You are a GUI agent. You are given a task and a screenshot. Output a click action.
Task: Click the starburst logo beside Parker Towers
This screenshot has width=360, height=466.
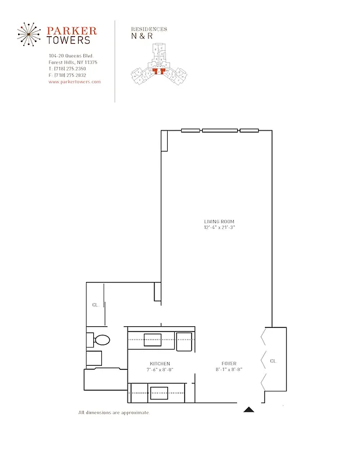[29, 35]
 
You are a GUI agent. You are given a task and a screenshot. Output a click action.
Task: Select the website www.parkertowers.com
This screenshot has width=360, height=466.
[75, 82]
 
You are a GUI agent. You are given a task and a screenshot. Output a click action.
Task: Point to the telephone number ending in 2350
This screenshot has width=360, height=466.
[68, 69]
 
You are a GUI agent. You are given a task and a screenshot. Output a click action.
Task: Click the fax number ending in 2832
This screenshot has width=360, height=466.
[68, 75]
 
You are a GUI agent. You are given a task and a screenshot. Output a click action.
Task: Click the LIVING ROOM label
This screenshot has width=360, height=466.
[219, 221]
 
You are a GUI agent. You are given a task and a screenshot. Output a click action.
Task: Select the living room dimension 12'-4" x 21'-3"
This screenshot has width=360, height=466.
[219, 227]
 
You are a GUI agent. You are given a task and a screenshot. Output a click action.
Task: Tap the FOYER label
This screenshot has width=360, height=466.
[229, 363]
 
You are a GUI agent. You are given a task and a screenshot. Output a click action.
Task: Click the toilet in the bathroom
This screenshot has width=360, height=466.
[101, 340]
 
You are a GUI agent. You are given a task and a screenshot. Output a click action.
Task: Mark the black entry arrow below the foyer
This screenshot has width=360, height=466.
[249, 409]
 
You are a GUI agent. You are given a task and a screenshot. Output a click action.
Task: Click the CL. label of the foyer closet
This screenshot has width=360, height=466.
[273, 361]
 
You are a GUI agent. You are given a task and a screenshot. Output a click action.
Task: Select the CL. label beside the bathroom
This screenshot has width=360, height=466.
[94, 305]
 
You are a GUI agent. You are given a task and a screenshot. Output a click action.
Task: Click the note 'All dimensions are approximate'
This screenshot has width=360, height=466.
[114, 412]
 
